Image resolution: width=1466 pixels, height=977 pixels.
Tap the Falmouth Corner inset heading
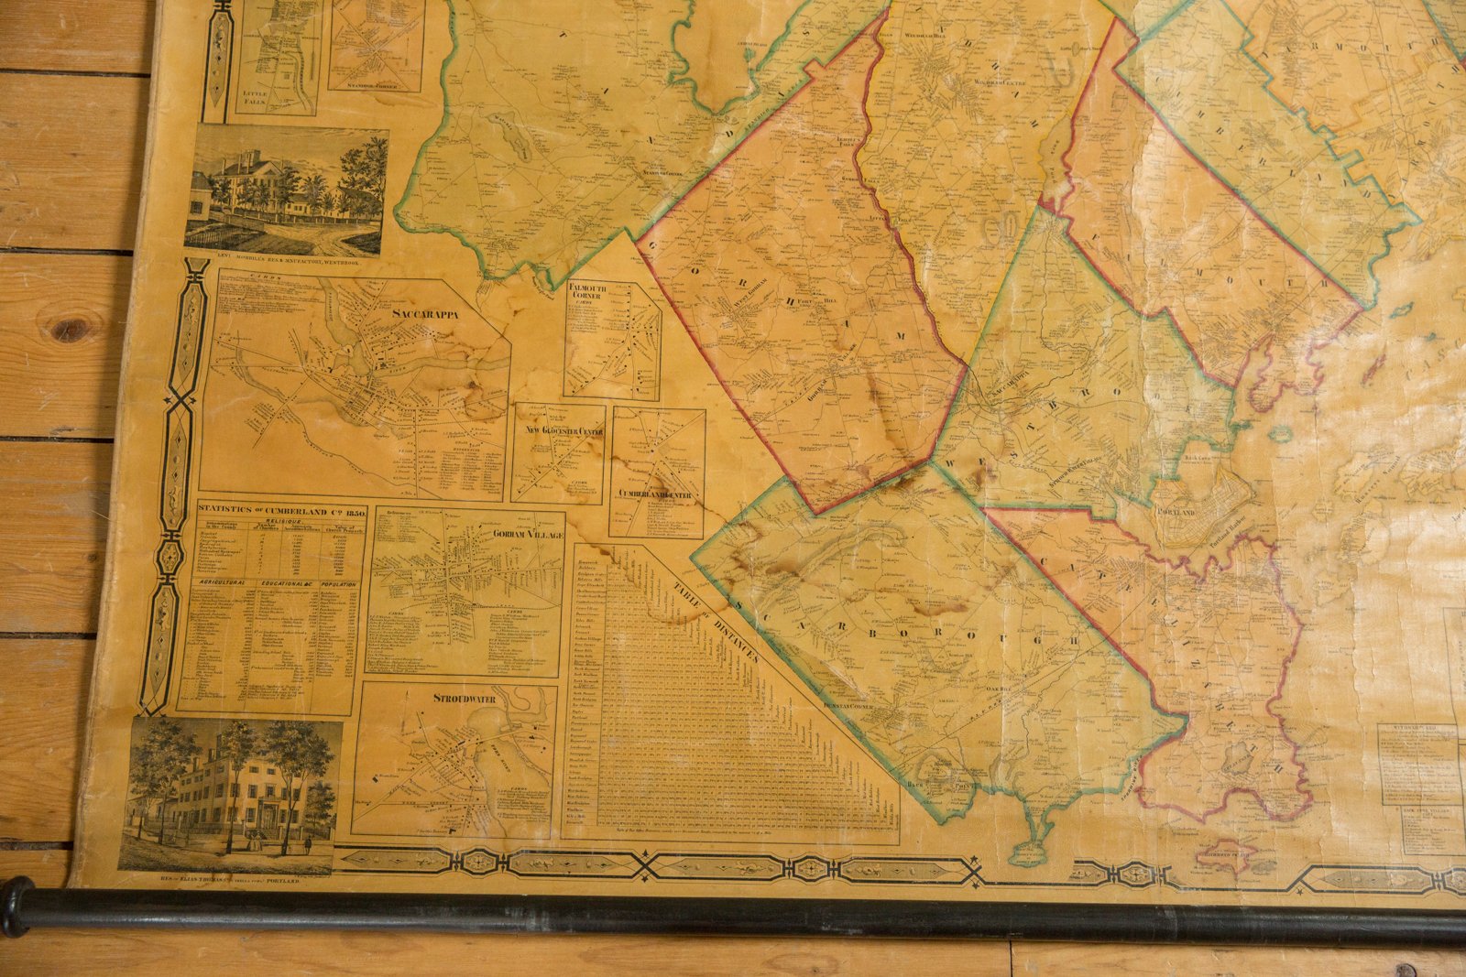[587, 292]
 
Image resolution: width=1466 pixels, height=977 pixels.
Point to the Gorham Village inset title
[527, 534]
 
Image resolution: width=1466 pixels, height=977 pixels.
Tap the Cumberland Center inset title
[656, 494]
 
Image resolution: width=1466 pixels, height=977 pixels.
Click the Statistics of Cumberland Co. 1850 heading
[282, 512]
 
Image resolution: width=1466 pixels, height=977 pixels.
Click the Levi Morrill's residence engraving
[286, 190]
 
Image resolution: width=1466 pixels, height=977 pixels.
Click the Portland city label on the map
[1176, 512]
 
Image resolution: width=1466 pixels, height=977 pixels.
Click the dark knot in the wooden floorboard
[71, 325]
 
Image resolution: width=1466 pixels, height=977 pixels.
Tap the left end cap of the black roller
[15, 906]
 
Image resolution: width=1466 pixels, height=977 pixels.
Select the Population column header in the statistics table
[335, 581]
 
